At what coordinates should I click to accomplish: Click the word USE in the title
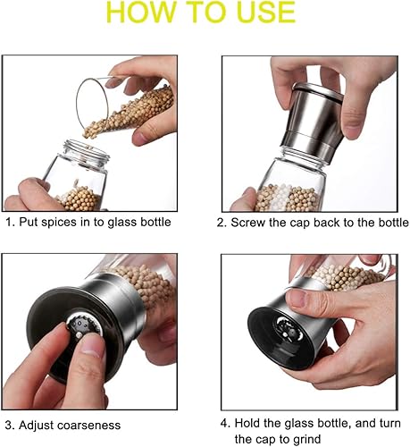pyautogui.click(x=258, y=13)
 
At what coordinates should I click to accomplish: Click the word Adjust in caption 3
pyautogui.click(x=38, y=425)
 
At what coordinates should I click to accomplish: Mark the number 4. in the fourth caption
pyautogui.click(x=224, y=421)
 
